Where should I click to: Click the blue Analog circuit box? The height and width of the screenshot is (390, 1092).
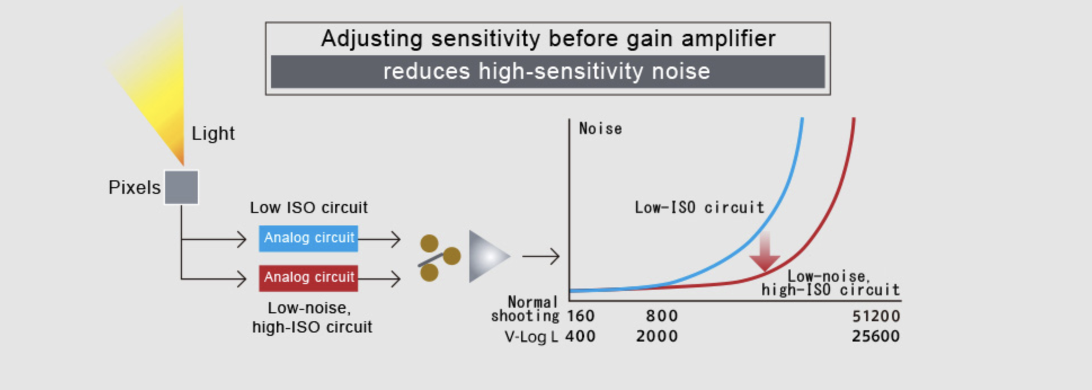coord(308,238)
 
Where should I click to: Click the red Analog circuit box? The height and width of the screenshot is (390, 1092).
coord(308,278)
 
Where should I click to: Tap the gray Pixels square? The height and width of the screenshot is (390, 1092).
coord(181,187)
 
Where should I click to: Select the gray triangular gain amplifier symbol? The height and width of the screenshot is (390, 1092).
coord(488,256)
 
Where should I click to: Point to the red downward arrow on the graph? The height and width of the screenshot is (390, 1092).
coord(765,251)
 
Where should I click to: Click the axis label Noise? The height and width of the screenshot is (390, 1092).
coord(600,129)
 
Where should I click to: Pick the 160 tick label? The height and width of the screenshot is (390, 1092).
coord(580,316)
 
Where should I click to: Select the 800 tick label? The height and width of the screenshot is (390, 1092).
coord(662,316)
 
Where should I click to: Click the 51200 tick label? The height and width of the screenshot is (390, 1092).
coord(876,316)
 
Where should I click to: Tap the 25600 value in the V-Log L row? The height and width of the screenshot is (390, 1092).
coord(876,336)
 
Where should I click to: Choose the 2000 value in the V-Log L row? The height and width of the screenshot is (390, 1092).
coord(657,336)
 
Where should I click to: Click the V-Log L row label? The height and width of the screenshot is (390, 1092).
coord(531,337)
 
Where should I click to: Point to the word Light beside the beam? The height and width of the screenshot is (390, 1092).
coord(213,134)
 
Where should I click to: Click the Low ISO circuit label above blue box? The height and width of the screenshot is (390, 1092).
coord(309,207)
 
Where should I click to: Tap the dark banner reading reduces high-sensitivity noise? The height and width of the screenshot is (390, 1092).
coord(548,72)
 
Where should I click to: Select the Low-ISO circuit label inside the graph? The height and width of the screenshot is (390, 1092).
coord(699,207)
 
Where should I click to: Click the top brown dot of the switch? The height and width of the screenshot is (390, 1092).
coord(429,243)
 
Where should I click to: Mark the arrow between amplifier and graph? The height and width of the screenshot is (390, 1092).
coord(541,256)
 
